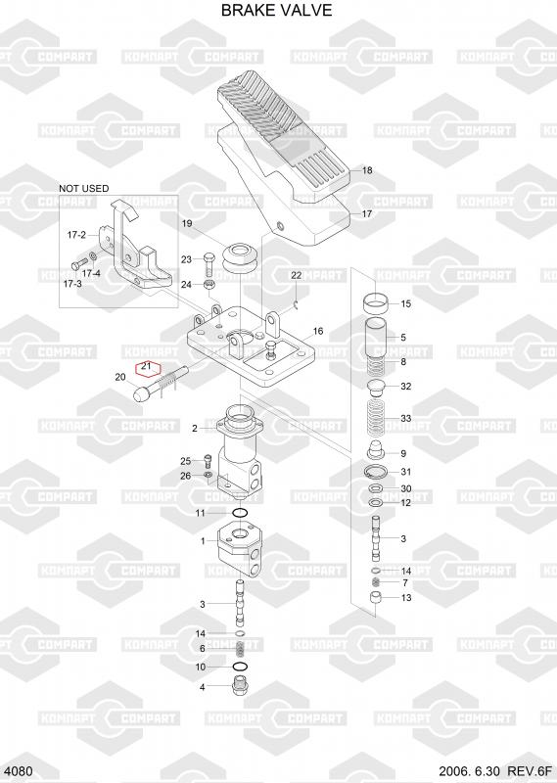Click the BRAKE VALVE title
(276, 11)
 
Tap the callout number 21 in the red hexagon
(146, 366)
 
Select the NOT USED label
(83, 188)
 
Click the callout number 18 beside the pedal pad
(367, 170)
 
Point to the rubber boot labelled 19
(242, 258)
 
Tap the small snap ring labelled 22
(296, 304)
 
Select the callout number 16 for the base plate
(318, 331)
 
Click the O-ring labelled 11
(240, 513)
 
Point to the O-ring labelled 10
(240, 667)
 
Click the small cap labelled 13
(376, 597)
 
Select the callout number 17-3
(72, 284)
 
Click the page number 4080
(22, 771)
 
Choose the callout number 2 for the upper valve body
(195, 428)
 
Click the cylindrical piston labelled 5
(377, 338)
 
